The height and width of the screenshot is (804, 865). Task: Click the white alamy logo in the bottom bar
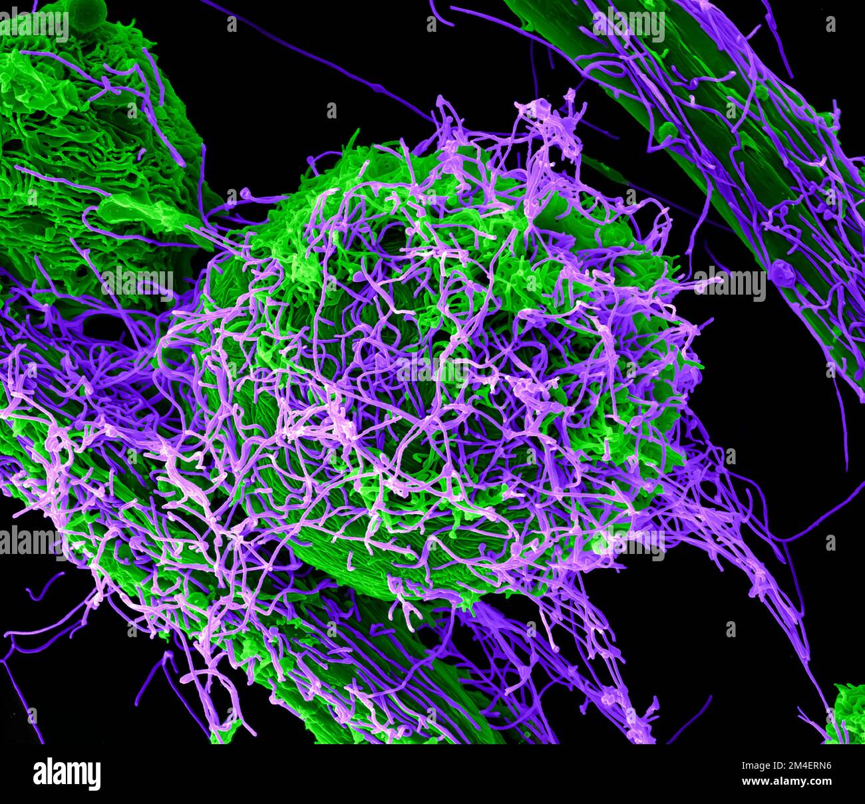[67, 774]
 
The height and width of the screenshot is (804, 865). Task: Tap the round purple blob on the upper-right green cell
[779, 270]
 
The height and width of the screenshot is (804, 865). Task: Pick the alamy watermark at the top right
[628, 25]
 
